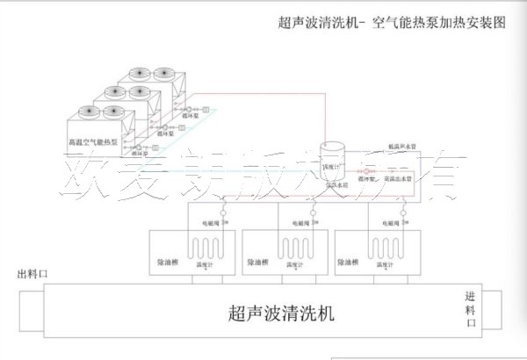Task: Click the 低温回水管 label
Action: point(401,148)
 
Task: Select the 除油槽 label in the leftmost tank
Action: point(170,262)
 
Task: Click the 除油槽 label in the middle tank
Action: point(257,262)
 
